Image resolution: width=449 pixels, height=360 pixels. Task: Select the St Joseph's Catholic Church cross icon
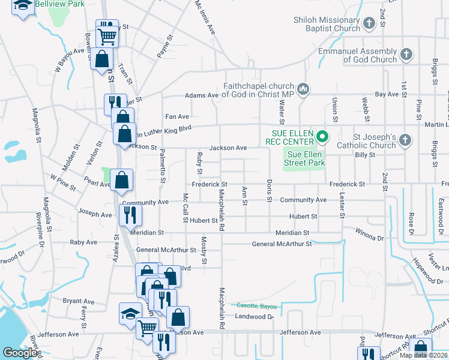[405, 140]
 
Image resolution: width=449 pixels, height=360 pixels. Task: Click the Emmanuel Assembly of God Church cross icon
[406, 55]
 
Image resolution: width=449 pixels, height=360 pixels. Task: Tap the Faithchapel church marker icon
[304, 90]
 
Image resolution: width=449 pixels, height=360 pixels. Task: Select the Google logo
[20, 353]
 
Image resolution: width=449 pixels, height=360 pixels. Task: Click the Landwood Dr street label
[254, 316]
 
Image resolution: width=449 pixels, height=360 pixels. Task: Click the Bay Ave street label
[387, 94]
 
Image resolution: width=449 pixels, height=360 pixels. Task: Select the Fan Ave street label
[177, 116]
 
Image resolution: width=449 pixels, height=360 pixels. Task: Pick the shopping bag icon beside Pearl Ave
[122, 179]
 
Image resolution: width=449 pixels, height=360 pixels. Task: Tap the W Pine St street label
[63, 182]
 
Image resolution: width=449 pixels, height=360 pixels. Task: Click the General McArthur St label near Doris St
[282, 244]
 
